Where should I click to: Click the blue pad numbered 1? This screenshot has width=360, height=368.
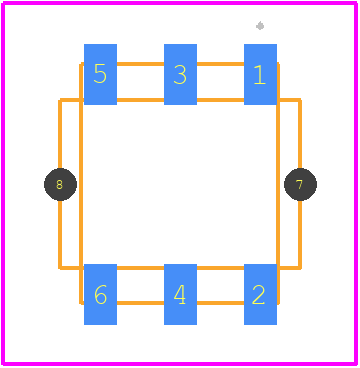point(260,74)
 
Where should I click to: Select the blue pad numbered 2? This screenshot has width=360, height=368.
point(260,294)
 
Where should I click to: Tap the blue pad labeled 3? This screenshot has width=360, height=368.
point(180,74)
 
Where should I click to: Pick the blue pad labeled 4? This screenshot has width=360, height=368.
point(180,294)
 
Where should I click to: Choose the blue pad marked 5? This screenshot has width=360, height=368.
point(100,74)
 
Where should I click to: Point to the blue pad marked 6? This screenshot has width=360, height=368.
point(100,294)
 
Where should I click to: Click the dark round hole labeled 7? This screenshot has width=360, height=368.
point(300,184)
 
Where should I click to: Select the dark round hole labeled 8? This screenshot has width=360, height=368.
point(60,184)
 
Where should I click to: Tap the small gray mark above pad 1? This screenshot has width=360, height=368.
point(260,26)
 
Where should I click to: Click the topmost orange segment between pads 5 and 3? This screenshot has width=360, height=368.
point(140,64)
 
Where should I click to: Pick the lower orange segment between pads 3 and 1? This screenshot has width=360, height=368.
point(220,100)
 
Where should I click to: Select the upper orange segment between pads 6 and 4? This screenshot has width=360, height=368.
point(140,268)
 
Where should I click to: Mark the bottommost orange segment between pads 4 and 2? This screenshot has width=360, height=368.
point(220,303)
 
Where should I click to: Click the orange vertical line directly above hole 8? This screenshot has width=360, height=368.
point(60,133)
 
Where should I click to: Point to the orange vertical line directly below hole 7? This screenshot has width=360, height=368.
point(300,235)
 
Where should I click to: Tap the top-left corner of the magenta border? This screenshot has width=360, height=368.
point(3,3)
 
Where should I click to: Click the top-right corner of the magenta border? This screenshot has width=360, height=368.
point(356,3)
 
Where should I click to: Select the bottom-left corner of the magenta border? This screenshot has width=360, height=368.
point(3,363)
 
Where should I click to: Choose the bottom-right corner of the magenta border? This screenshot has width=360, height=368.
point(356,363)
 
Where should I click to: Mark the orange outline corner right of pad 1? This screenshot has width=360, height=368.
point(300,100)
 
